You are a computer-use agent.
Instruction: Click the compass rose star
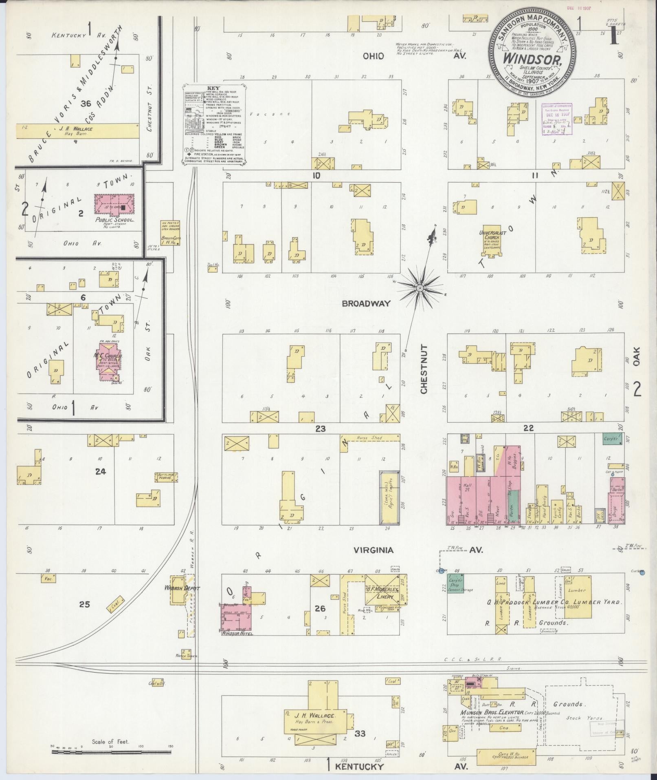[x=419, y=288]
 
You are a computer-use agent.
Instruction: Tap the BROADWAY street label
[x=366, y=303]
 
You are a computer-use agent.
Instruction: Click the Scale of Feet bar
[x=111, y=747]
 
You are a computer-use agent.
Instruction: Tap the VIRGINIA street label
[x=374, y=550]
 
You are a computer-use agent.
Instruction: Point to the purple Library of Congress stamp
[x=556, y=118]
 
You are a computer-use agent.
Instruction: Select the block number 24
[x=101, y=471]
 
